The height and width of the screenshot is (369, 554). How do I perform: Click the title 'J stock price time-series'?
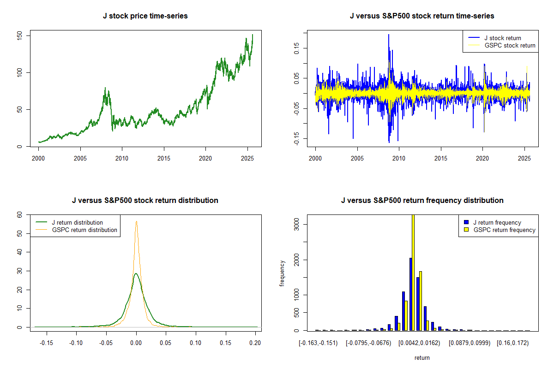tap(145, 16)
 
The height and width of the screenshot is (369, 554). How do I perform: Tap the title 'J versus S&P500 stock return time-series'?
tap(422, 16)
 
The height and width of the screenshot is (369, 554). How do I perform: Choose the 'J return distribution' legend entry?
tap(77, 222)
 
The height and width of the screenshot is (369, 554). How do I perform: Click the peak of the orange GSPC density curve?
tap(136, 221)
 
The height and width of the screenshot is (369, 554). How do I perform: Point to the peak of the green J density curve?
tap(136, 274)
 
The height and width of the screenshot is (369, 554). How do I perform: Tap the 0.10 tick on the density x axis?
tap(196, 343)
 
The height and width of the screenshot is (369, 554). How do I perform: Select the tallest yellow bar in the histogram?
tap(413, 272)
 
